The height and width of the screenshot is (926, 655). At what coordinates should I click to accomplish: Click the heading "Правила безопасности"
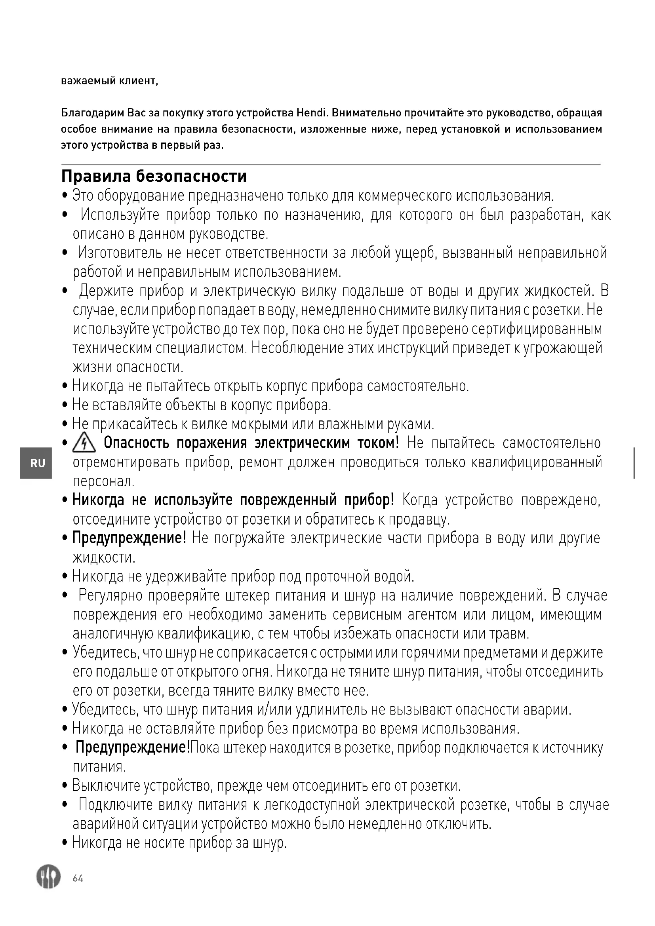(154, 177)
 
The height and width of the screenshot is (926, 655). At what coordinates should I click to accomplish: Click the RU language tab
(38, 463)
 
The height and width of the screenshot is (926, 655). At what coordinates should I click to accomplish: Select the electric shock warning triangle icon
(84, 444)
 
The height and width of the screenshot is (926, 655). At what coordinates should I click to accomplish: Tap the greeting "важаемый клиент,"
(109, 81)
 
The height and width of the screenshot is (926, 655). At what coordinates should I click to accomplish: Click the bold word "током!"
(378, 443)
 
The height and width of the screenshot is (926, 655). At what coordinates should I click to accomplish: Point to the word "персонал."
(104, 481)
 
